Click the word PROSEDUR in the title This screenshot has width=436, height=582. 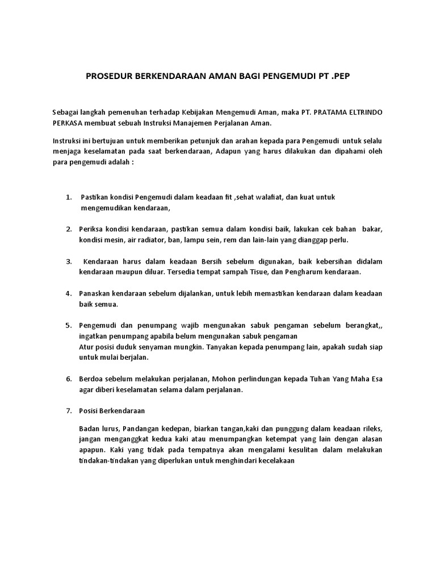pyautogui.click(x=106, y=76)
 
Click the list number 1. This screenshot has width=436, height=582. pyautogui.click(x=68, y=197)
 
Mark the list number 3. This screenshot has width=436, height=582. pyautogui.click(x=68, y=261)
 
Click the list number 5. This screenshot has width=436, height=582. pyautogui.click(x=68, y=326)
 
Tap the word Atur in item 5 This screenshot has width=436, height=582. pyautogui.click(x=87, y=347)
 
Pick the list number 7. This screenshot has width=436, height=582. pyautogui.click(x=68, y=411)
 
